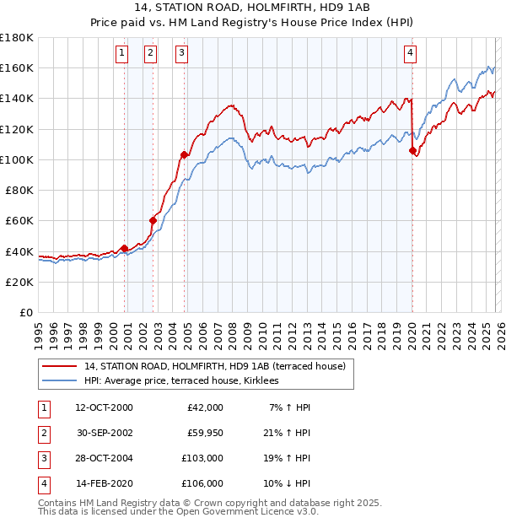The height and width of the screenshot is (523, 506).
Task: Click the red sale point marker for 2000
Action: (124, 248)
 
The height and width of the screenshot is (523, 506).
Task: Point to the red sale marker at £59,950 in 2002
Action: (153, 220)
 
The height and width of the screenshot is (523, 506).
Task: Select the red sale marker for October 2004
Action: (184, 154)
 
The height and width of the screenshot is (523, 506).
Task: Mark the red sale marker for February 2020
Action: (412, 150)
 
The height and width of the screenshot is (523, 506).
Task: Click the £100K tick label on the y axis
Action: (17, 159)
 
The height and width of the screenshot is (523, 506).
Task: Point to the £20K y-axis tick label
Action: (19, 282)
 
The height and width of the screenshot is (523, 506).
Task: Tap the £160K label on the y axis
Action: (17, 67)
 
